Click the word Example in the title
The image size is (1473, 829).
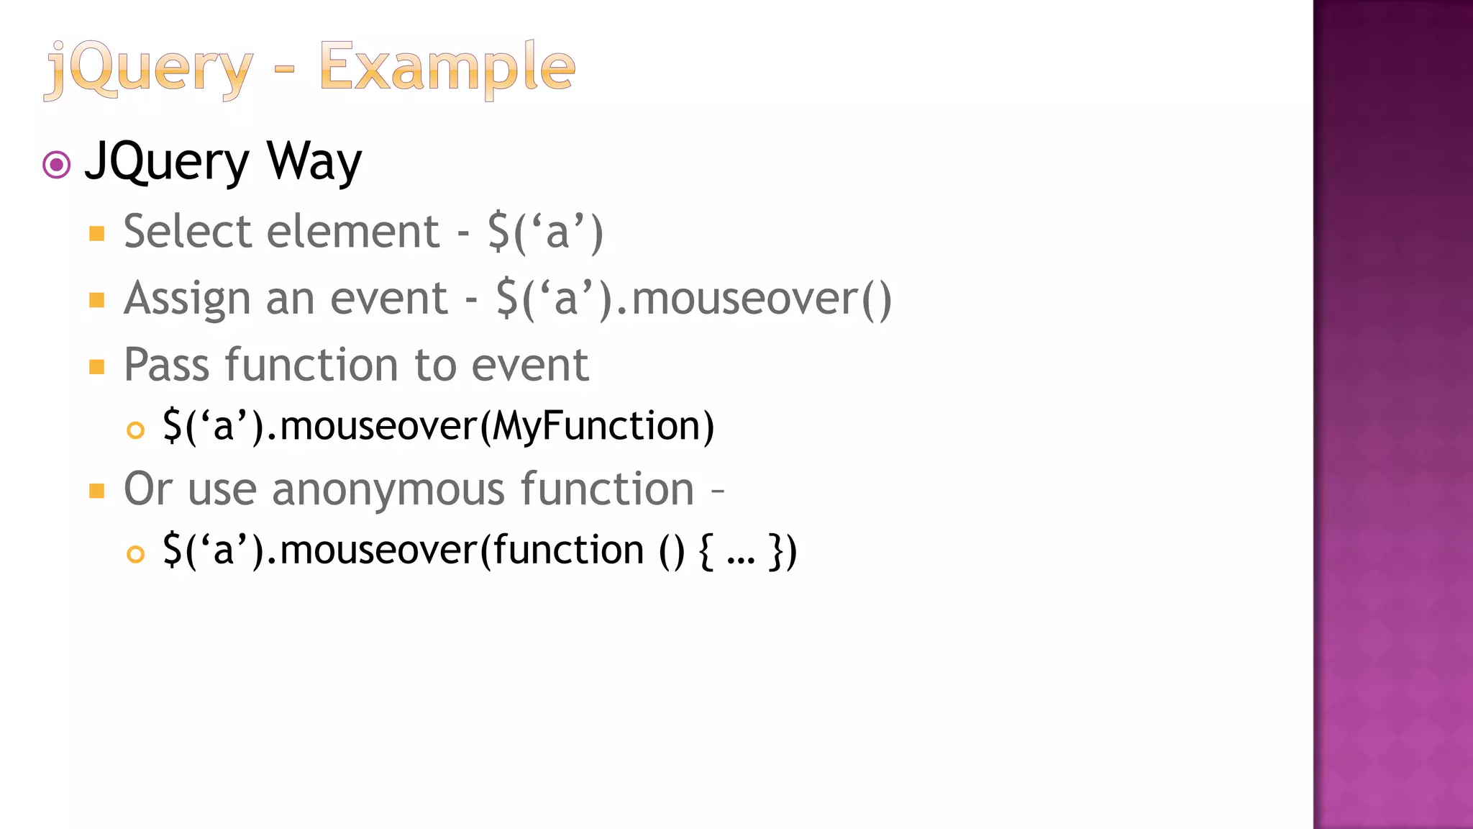pyautogui.click(x=447, y=68)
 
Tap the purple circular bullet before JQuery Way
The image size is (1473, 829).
pyautogui.click(x=57, y=165)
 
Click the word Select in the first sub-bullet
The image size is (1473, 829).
pyautogui.click(x=188, y=232)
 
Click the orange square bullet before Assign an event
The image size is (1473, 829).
pyautogui.click(x=97, y=300)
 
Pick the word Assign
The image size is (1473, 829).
pyautogui.click(x=186, y=299)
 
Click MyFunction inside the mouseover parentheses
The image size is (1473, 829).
pyautogui.click(x=596, y=426)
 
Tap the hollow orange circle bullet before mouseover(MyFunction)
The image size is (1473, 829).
pyautogui.click(x=135, y=430)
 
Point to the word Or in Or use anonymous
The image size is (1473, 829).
pyautogui.click(x=148, y=489)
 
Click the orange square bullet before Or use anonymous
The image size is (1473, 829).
pyautogui.click(x=97, y=491)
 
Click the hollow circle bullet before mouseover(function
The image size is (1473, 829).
pyautogui.click(x=135, y=554)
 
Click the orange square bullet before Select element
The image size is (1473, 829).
pyautogui.click(x=97, y=234)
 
